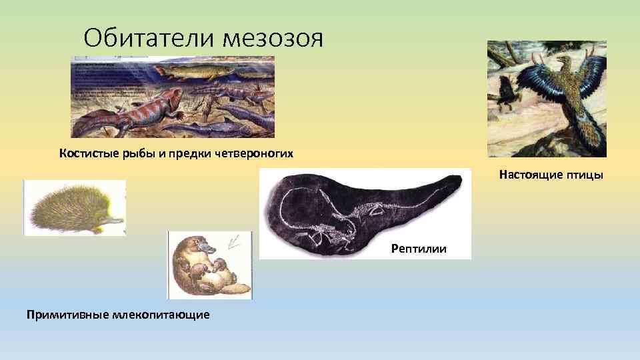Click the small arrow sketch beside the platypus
click(x=235, y=241)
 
